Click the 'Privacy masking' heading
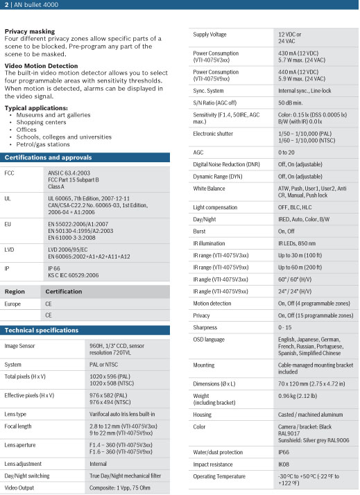tap(31, 32)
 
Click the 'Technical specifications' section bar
tap(42, 330)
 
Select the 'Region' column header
tap(15, 291)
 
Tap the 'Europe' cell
tap(12, 304)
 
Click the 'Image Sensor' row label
tap(19, 345)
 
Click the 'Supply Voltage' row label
tap(211, 34)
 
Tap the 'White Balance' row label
tap(209, 189)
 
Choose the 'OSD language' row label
tap(209, 339)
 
